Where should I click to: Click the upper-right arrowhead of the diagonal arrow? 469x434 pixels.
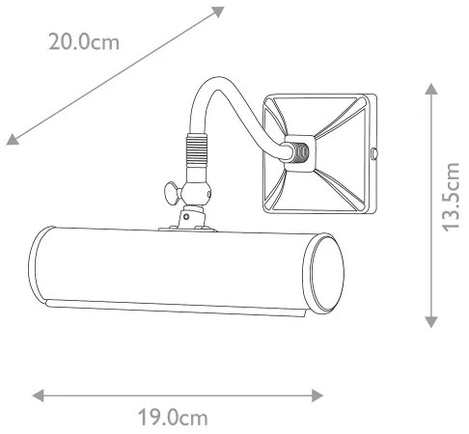coord(218,13)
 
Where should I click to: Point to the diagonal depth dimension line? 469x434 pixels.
coord(116,74)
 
